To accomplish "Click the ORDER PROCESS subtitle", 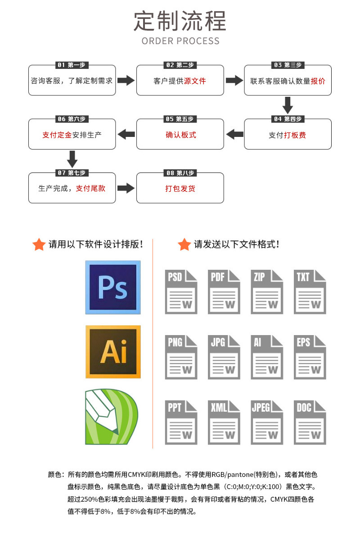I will click(180, 41).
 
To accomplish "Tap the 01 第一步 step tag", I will click(72, 65).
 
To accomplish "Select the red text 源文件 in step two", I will click(195, 81).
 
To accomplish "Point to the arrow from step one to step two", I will click(126, 81).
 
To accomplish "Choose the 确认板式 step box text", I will click(180, 135).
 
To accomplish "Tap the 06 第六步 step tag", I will click(72, 119).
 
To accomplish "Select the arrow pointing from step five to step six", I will click(126, 134).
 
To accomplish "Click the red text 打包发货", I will click(180, 188).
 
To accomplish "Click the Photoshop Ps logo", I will click(113, 287).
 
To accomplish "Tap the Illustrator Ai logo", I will click(113, 352).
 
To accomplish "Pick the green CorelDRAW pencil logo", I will click(112, 417).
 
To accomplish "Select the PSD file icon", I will click(181, 292).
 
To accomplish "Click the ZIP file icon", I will click(267, 292).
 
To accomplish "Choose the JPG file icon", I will click(224, 357).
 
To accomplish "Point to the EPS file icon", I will click(310, 357).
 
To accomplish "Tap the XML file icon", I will click(224, 422).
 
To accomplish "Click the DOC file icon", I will click(310, 422).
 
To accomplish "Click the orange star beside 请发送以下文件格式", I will click(184, 245).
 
